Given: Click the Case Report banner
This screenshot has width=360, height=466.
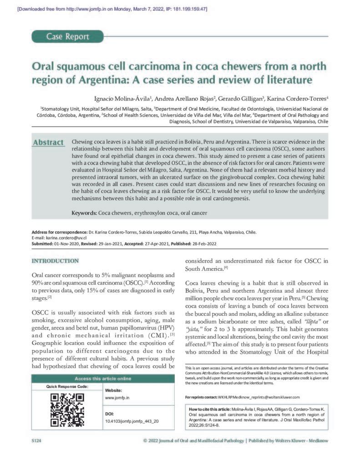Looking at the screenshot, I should [68, 36].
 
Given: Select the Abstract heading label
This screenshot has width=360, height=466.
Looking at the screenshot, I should [48, 142].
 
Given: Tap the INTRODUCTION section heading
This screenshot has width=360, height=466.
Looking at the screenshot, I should [55, 261].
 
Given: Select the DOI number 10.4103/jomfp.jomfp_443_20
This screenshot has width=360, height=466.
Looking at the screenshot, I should [132, 421].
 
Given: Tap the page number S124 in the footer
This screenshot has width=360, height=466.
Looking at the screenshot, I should [37, 441].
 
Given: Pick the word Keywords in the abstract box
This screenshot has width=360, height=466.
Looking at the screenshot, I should [84, 213].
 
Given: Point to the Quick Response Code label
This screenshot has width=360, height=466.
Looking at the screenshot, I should [67, 386].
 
